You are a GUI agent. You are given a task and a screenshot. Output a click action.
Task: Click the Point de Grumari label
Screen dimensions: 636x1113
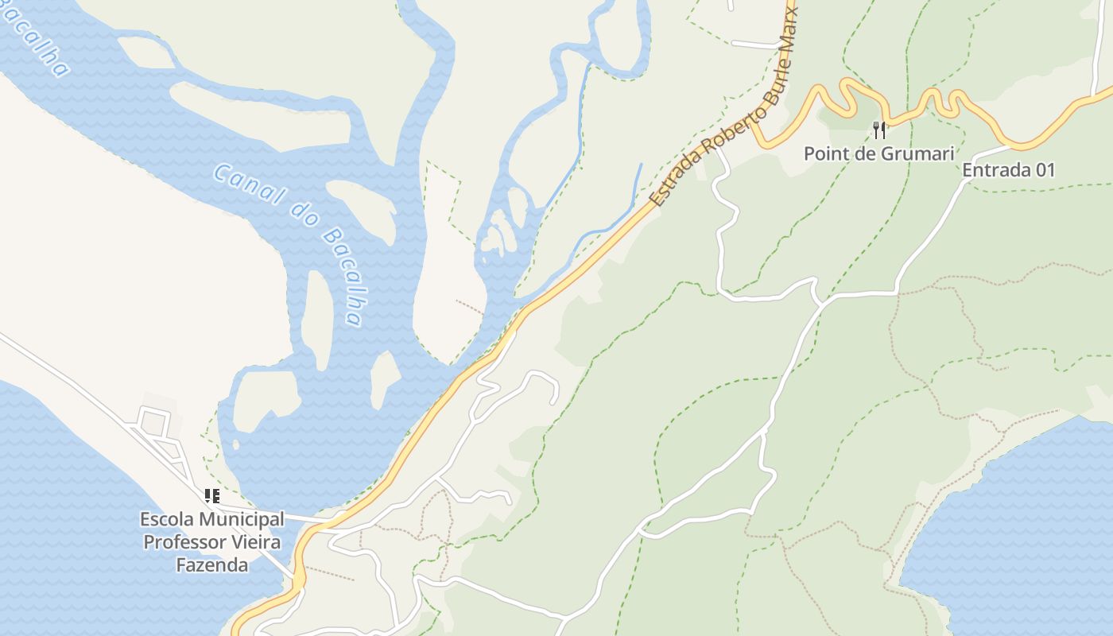[x=878, y=153]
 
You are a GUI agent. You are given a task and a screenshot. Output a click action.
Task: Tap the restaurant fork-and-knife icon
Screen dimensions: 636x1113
[x=878, y=130]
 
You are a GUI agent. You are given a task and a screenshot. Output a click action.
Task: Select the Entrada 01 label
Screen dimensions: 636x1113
[x=1008, y=169]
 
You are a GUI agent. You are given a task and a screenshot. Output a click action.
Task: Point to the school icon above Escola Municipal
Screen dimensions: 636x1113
[x=211, y=496]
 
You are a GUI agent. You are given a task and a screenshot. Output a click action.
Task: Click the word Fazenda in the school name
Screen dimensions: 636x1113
[x=211, y=565]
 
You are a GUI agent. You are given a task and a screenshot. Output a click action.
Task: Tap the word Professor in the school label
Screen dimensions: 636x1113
[x=182, y=542]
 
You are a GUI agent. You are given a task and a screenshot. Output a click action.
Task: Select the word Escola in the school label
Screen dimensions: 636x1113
[x=167, y=519]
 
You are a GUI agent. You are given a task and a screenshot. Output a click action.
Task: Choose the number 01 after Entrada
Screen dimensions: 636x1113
[x=1044, y=169]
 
